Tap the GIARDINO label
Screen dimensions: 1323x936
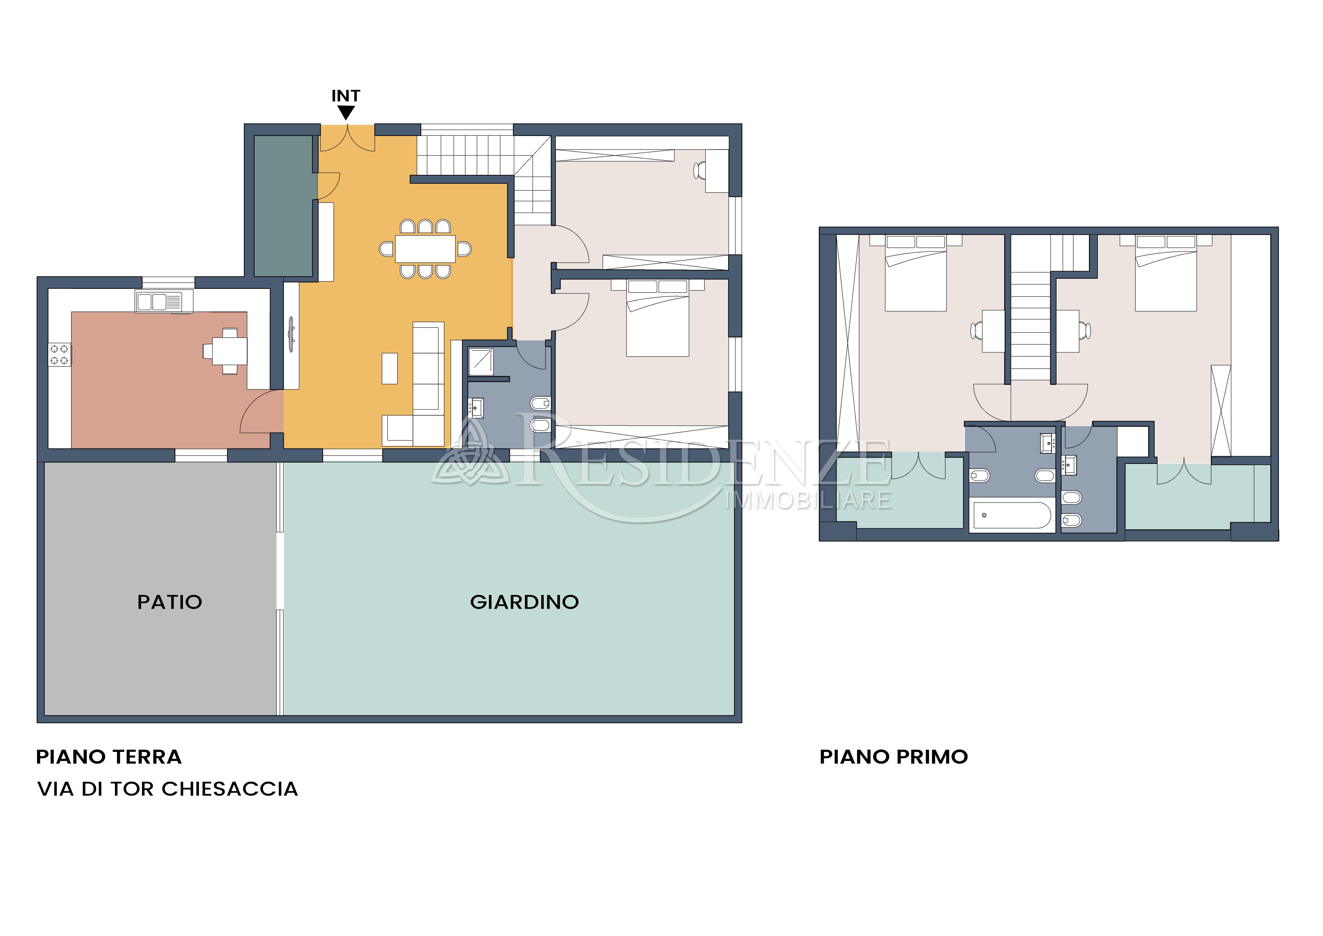click(524, 602)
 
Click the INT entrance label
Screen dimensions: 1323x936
click(346, 96)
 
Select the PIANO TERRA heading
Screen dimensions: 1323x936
click(109, 757)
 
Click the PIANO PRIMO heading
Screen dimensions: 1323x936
click(894, 757)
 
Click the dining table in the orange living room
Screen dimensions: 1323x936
click(425, 249)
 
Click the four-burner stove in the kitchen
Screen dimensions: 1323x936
click(59, 354)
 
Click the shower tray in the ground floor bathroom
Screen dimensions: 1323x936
click(481, 362)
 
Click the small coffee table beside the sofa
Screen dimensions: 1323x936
click(390, 368)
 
